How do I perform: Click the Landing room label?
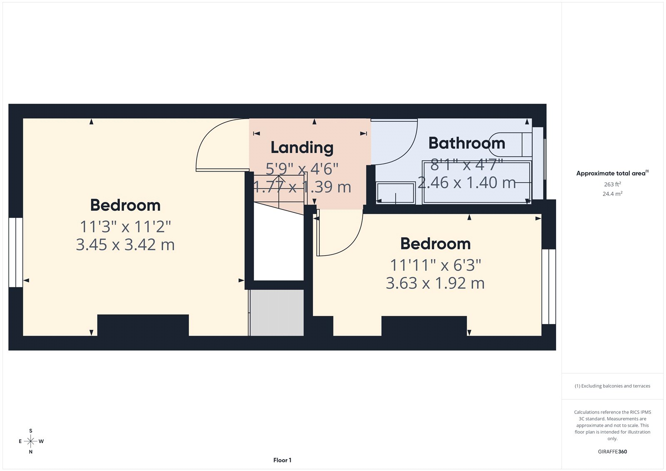pyautogui.click(x=302, y=147)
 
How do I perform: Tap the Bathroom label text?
pyautogui.click(x=467, y=143)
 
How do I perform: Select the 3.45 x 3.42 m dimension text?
pyautogui.click(x=125, y=245)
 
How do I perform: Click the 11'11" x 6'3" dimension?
pyautogui.click(x=435, y=265)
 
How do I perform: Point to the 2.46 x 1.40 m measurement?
pyautogui.click(x=467, y=183)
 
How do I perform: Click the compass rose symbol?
pyautogui.click(x=30, y=441)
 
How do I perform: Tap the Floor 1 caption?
pyautogui.click(x=282, y=460)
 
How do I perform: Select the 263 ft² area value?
pyautogui.click(x=612, y=184)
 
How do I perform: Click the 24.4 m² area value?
pyautogui.click(x=612, y=194)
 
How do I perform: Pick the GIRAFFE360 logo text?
pyautogui.click(x=612, y=451)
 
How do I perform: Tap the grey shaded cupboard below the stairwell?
pyautogui.click(x=277, y=313)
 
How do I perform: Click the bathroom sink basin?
pyautogui.click(x=395, y=193)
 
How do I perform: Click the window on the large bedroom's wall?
pyautogui.click(x=16, y=252)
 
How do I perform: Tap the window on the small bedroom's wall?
pyautogui.click(x=549, y=287)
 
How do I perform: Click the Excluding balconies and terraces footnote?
pyautogui.click(x=612, y=386)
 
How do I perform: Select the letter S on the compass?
pyautogui.click(x=31, y=431)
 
